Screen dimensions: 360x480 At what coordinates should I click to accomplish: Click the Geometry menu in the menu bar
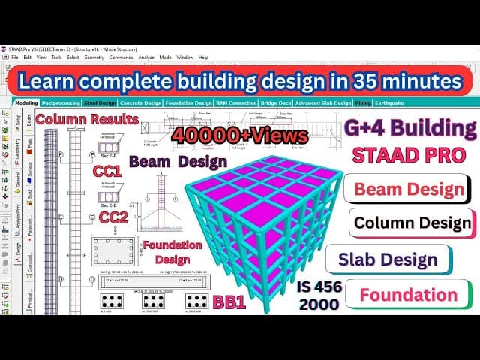[x=94, y=57]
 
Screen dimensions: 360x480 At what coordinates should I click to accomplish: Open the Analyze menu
[x=146, y=57]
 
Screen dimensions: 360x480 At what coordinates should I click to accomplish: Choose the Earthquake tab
[x=391, y=103]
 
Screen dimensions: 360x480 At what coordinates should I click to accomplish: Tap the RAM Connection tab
[x=236, y=103]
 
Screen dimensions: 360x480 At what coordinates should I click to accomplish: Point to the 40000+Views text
[x=240, y=135]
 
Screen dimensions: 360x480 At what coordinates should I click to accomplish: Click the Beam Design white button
[x=409, y=187]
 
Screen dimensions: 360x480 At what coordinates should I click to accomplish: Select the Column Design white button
[x=412, y=223]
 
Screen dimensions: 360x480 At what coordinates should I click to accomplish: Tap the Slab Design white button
[x=397, y=259]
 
